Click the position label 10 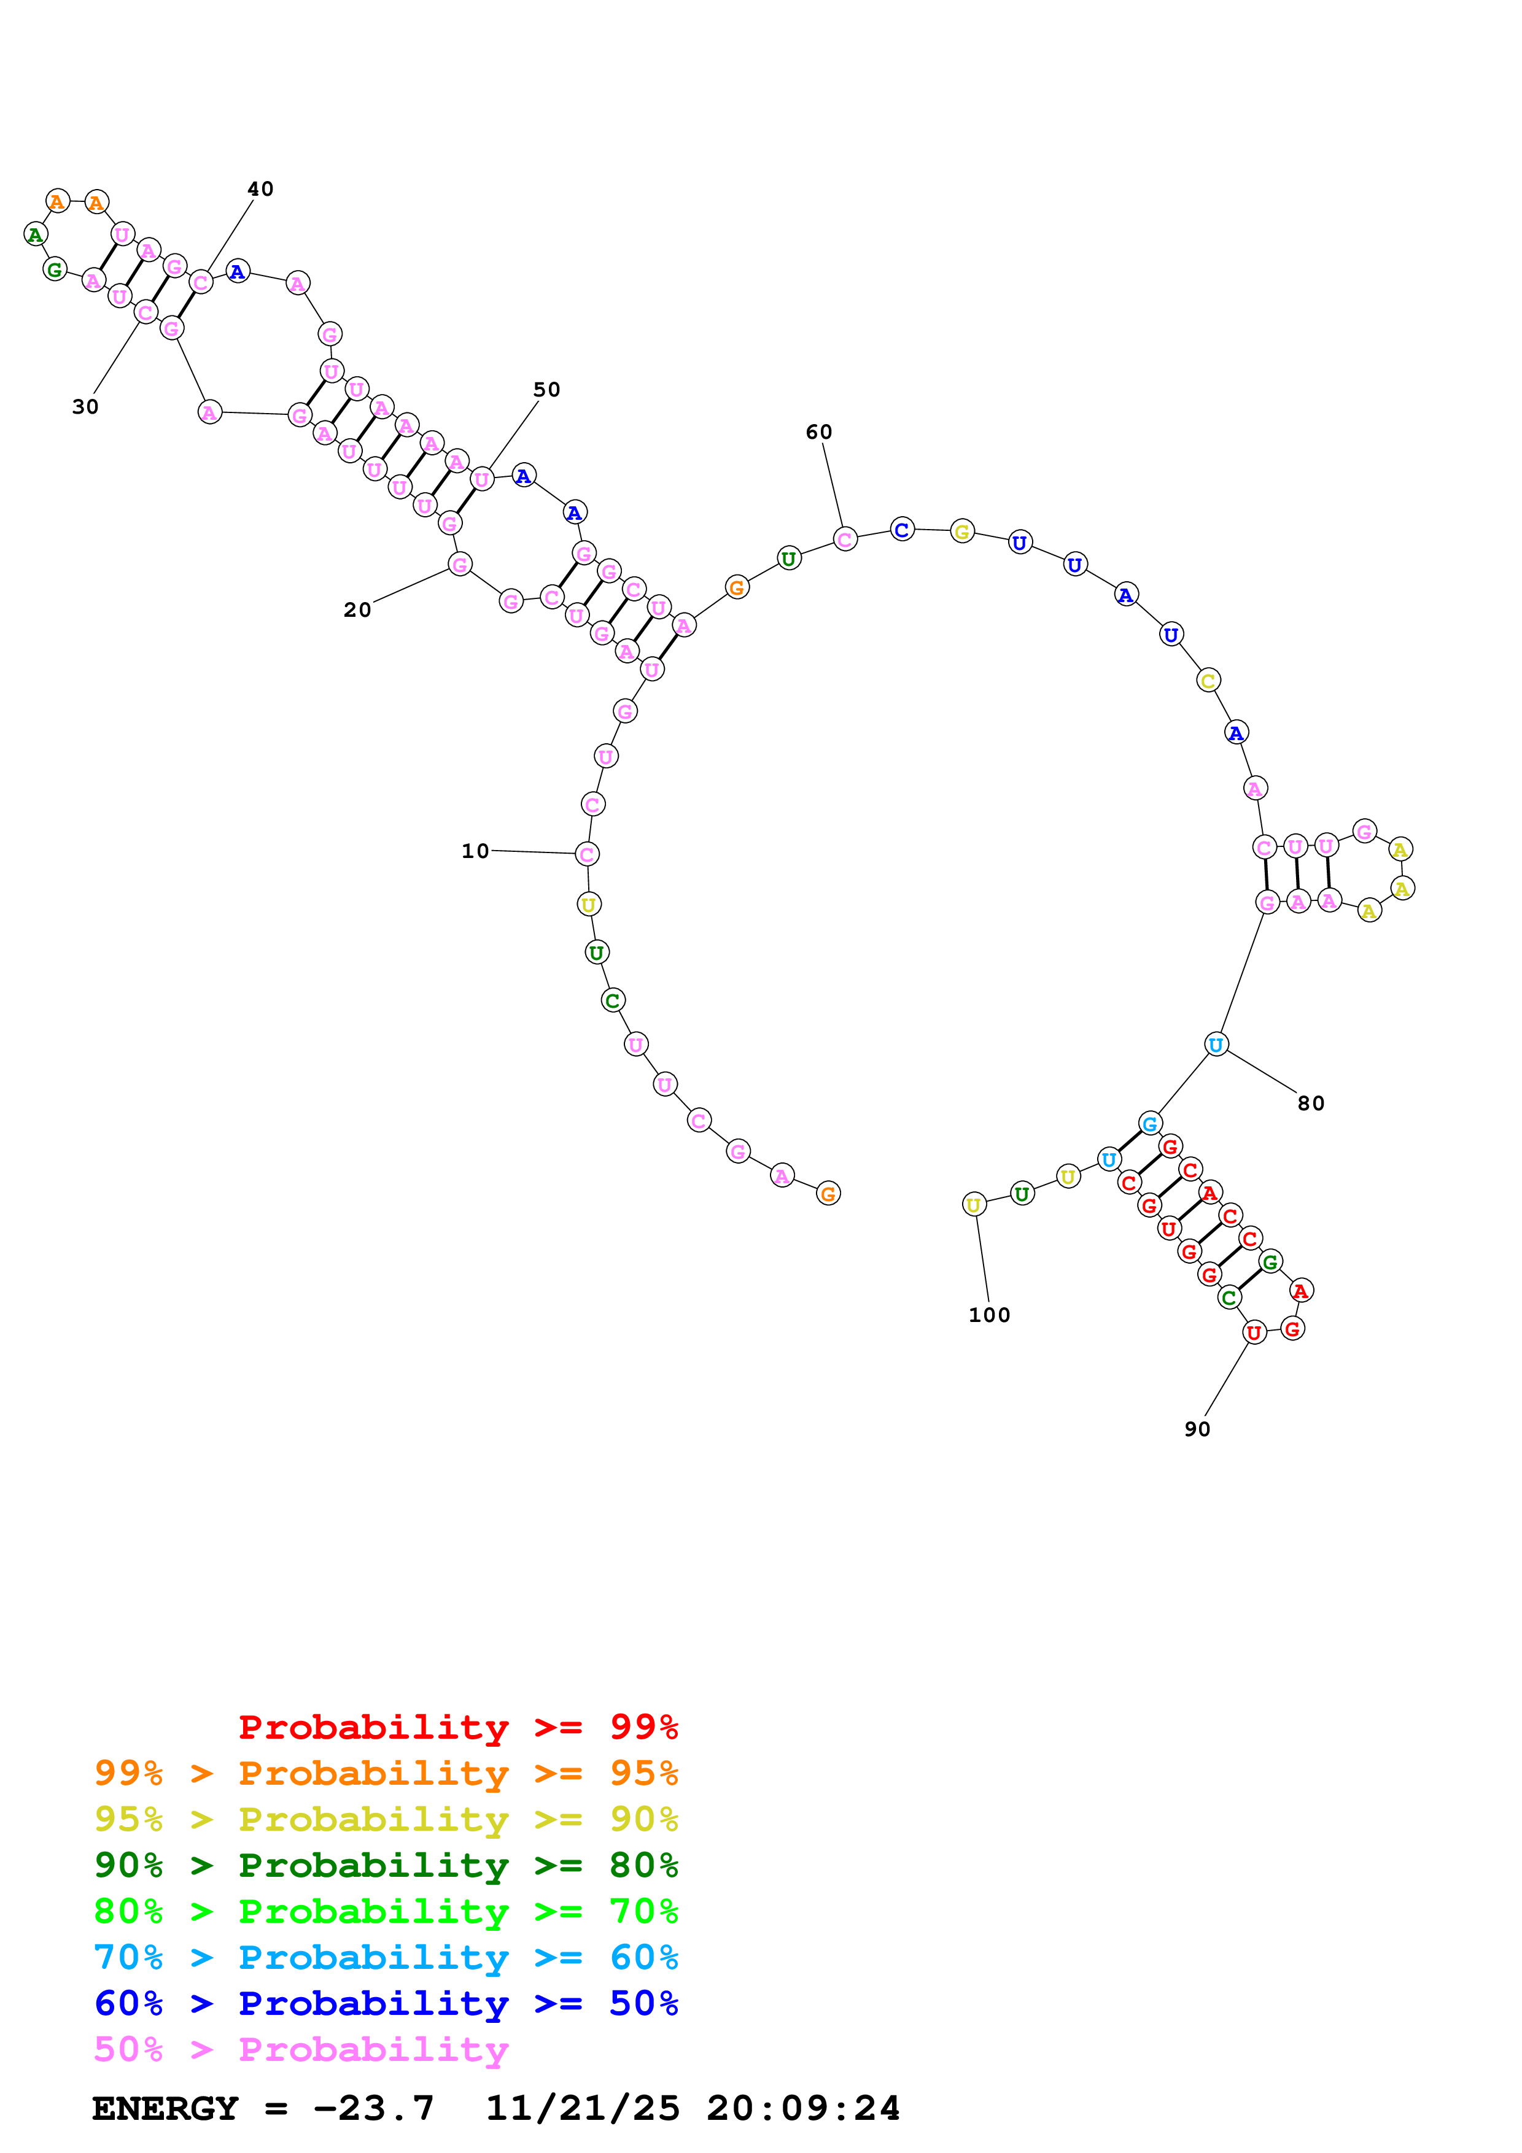[x=475, y=851]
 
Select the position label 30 [x=85, y=406]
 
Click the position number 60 [x=818, y=431]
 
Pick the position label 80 [x=1311, y=1103]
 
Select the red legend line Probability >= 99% [x=459, y=1726]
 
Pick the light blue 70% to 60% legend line [x=386, y=1957]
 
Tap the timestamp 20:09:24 [x=802, y=2108]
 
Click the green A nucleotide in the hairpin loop [x=36, y=234]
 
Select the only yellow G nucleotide [x=961, y=531]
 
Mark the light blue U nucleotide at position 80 [x=1216, y=1044]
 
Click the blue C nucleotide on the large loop [x=901, y=530]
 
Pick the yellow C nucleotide [x=1208, y=681]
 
